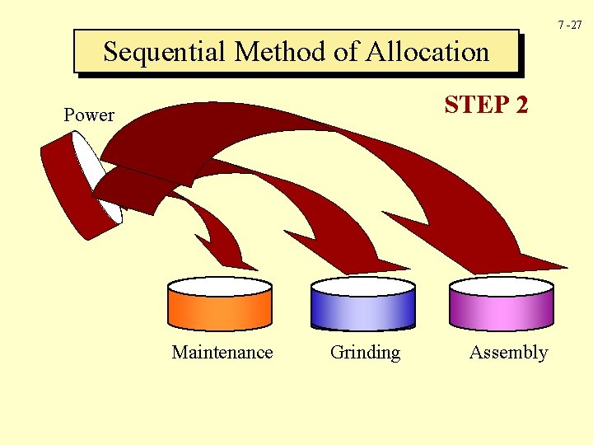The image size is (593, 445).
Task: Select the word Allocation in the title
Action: pyautogui.click(x=427, y=52)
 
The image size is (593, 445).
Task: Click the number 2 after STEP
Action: pyautogui.click(x=520, y=105)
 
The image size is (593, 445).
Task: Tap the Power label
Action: pyautogui.click(x=89, y=115)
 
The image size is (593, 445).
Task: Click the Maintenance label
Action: pyautogui.click(x=222, y=353)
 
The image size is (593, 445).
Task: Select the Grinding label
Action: pyautogui.click(x=365, y=353)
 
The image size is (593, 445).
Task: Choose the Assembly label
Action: pyautogui.click(x=508, y=353)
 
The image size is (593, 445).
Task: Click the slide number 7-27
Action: pyautogui.click(x=569, y=26)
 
